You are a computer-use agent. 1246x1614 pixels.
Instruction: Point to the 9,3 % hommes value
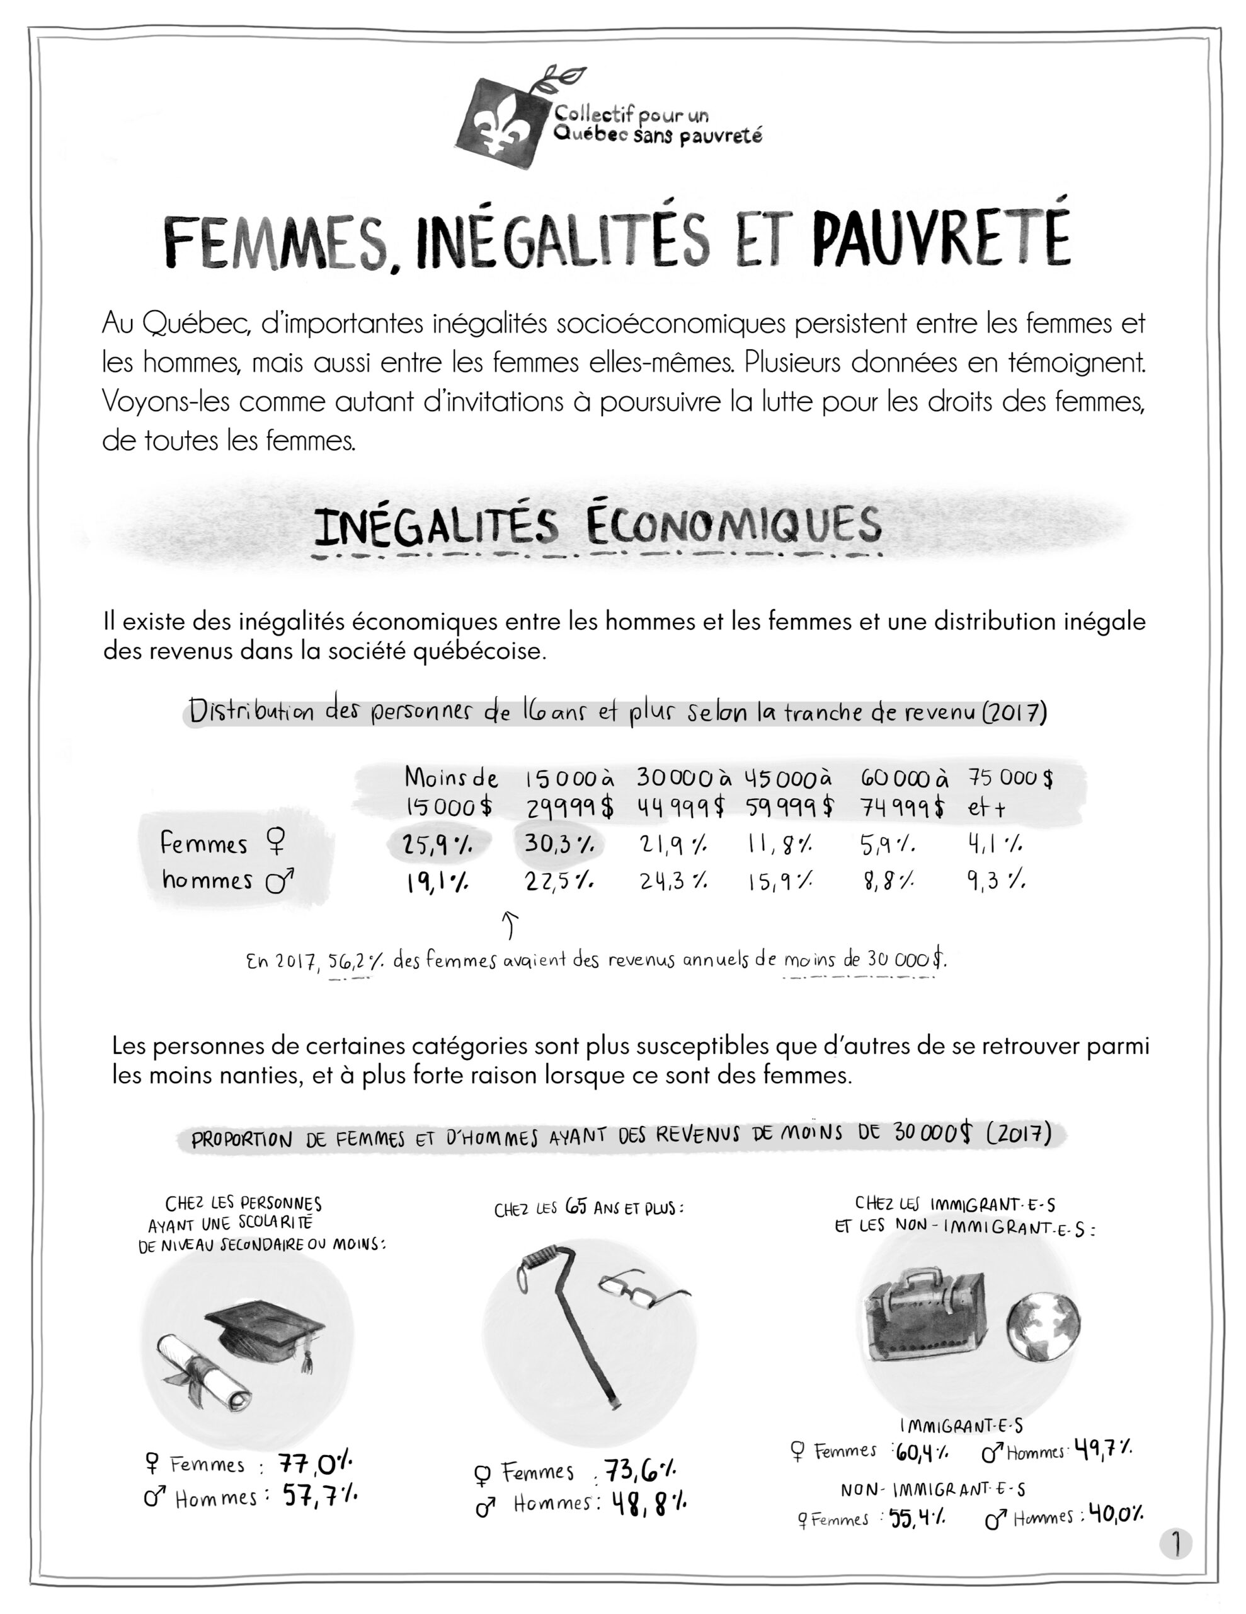(996, 881)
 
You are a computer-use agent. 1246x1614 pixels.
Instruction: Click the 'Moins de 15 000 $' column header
(450, 792)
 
